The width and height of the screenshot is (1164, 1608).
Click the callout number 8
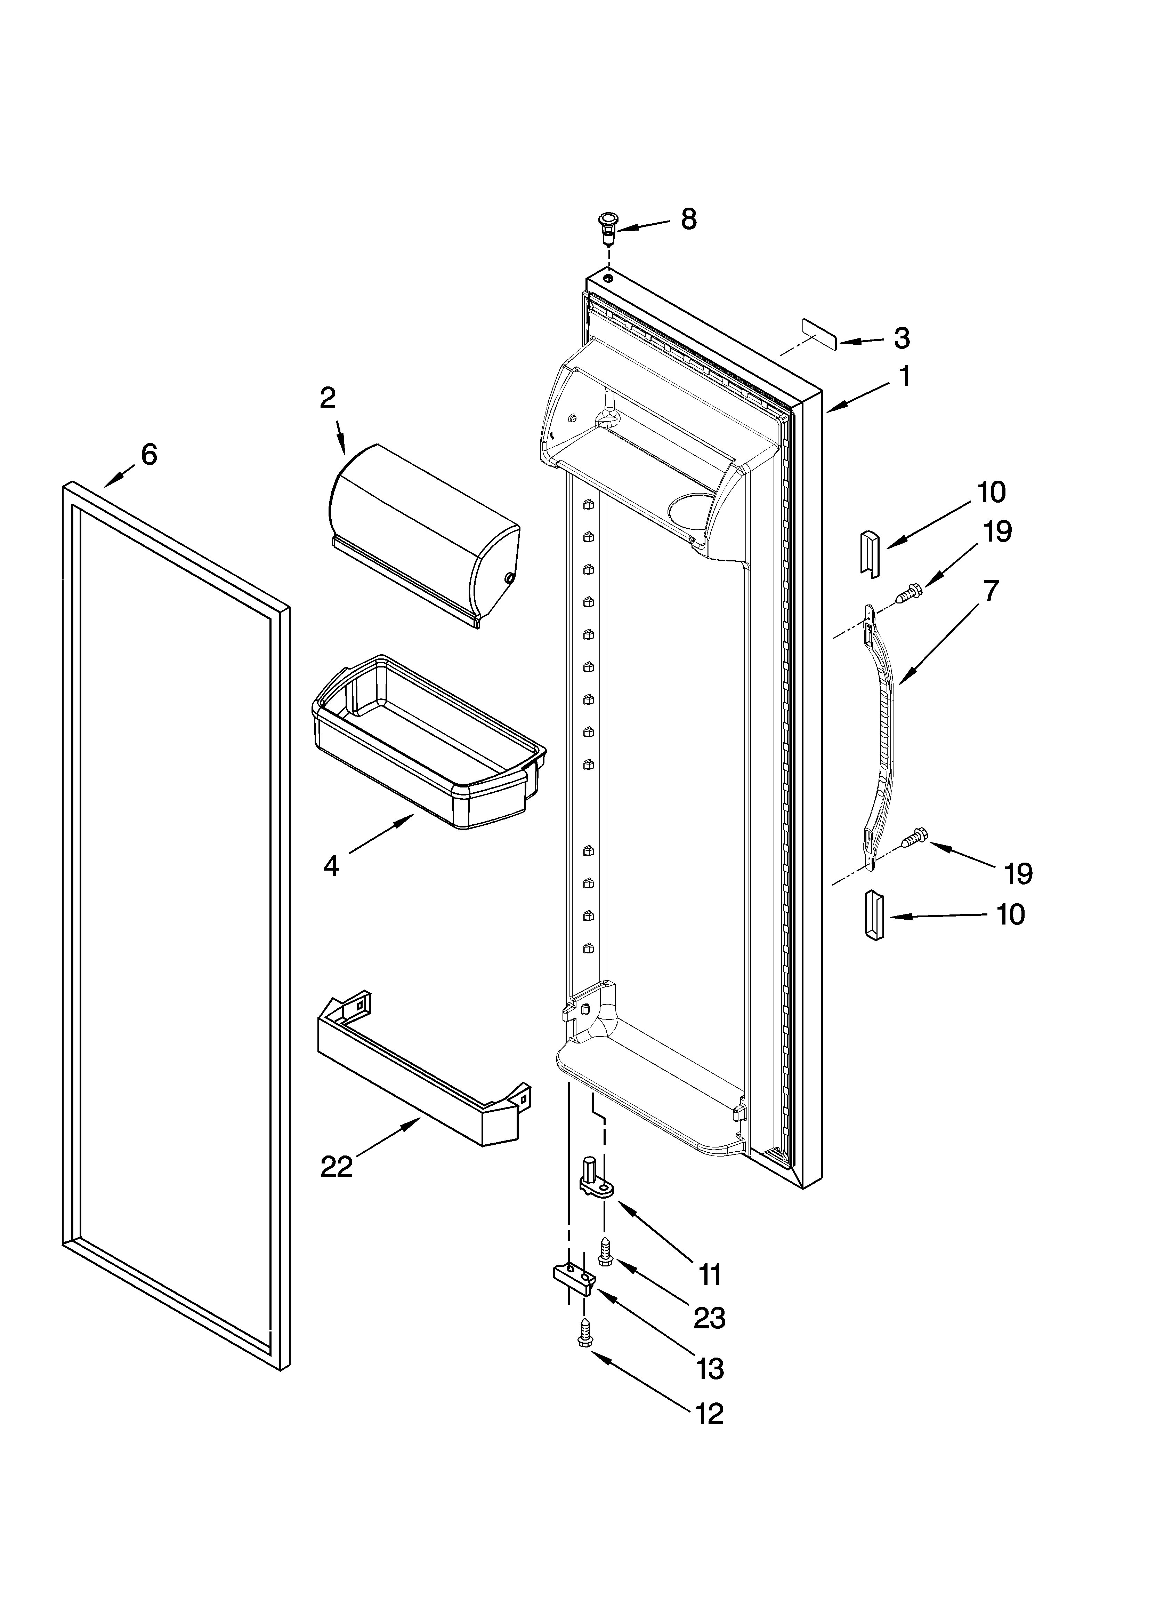(688, 220)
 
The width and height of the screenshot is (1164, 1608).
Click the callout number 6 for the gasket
(149, 454)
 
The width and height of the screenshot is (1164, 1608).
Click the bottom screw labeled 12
(585, 1333)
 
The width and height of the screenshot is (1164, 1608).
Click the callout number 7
(991, 591)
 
